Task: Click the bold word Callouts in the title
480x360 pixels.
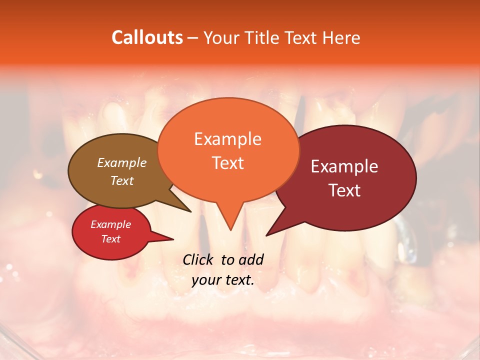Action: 147,37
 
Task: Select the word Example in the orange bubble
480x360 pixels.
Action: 227,139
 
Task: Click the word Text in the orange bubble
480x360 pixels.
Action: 227,162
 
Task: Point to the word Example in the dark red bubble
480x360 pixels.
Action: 344,166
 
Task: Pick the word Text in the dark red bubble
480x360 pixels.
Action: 344,190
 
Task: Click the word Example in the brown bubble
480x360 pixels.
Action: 122,162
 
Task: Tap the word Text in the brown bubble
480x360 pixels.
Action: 122,180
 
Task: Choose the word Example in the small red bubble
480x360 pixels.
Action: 110,224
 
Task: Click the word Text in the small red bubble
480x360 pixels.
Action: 110,239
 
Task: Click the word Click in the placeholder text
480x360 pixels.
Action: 198,259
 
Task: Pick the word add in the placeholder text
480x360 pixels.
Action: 251,259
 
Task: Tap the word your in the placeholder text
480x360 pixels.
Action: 205,280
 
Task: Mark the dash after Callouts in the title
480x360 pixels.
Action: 193,37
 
